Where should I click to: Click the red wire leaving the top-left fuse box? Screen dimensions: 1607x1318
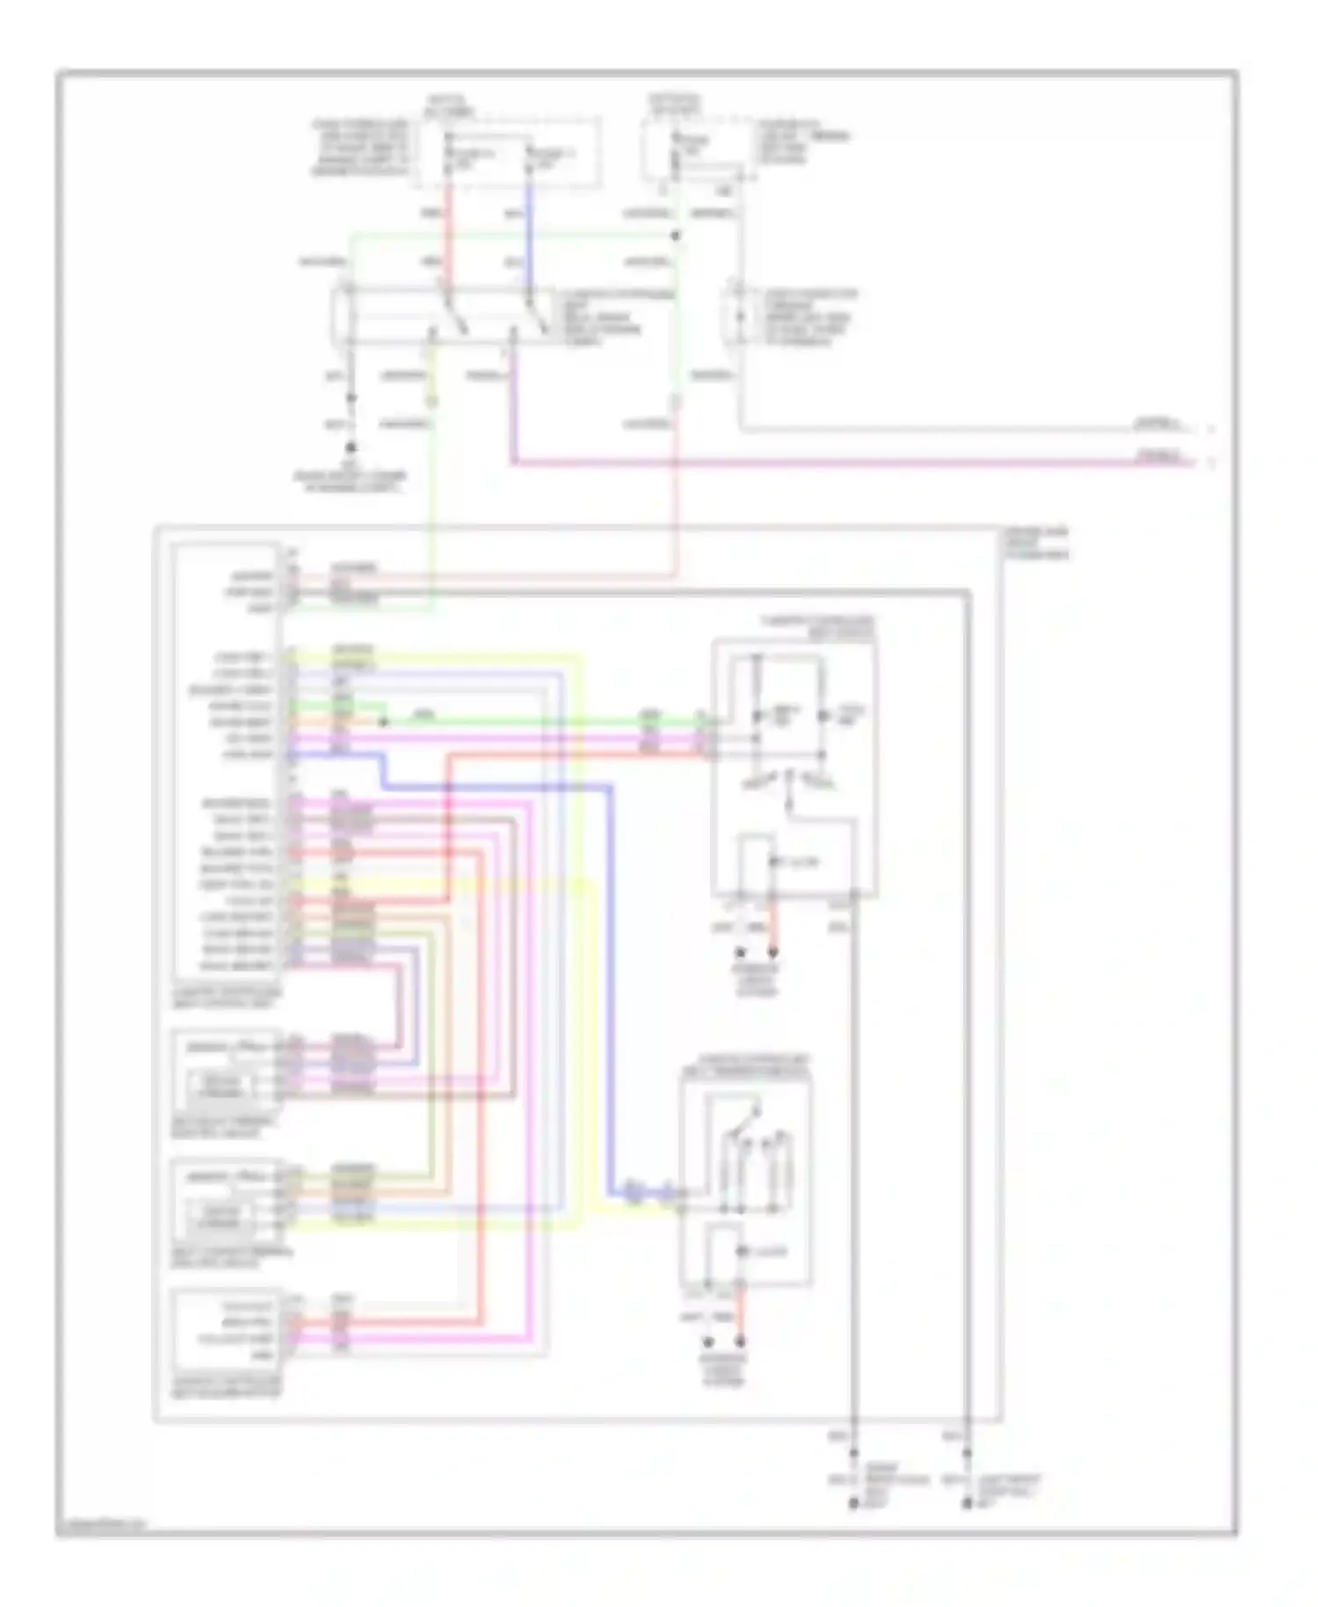450,237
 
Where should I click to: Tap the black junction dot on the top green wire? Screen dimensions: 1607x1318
675,236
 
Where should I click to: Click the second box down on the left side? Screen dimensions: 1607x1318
224,1068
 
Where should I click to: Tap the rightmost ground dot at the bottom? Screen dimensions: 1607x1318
967,1504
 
